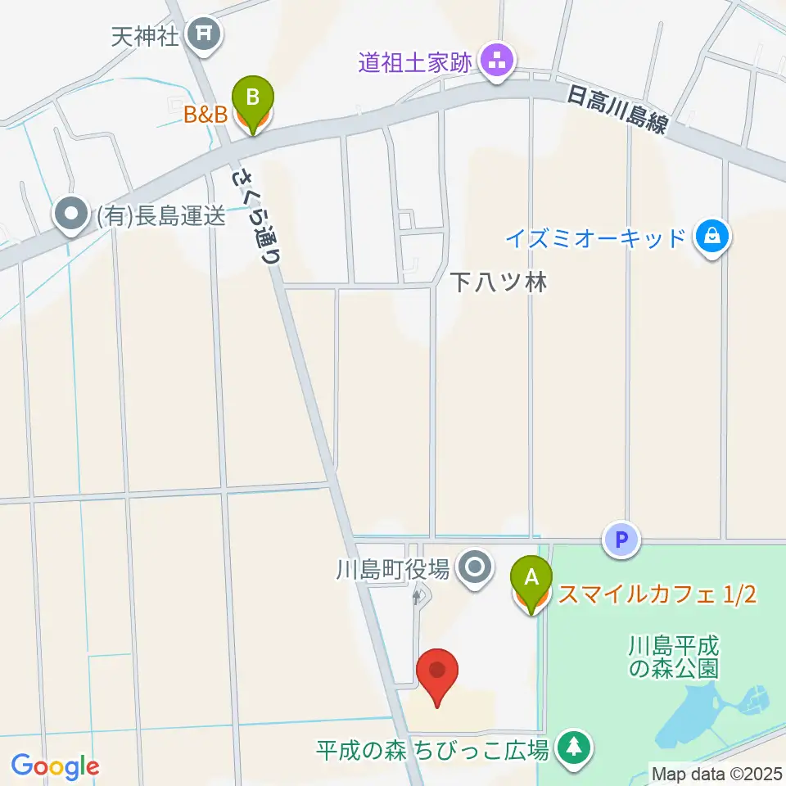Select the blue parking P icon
[621, 540]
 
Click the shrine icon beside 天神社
[201, 34]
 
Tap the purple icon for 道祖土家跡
[496, 60]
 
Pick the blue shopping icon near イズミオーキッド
[711, 237]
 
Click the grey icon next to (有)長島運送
[70, 215]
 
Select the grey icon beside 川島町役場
[474, 566]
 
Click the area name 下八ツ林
[498, 282]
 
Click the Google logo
[55, 766]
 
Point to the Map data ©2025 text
[716, 773]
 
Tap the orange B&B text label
[205, 115]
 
